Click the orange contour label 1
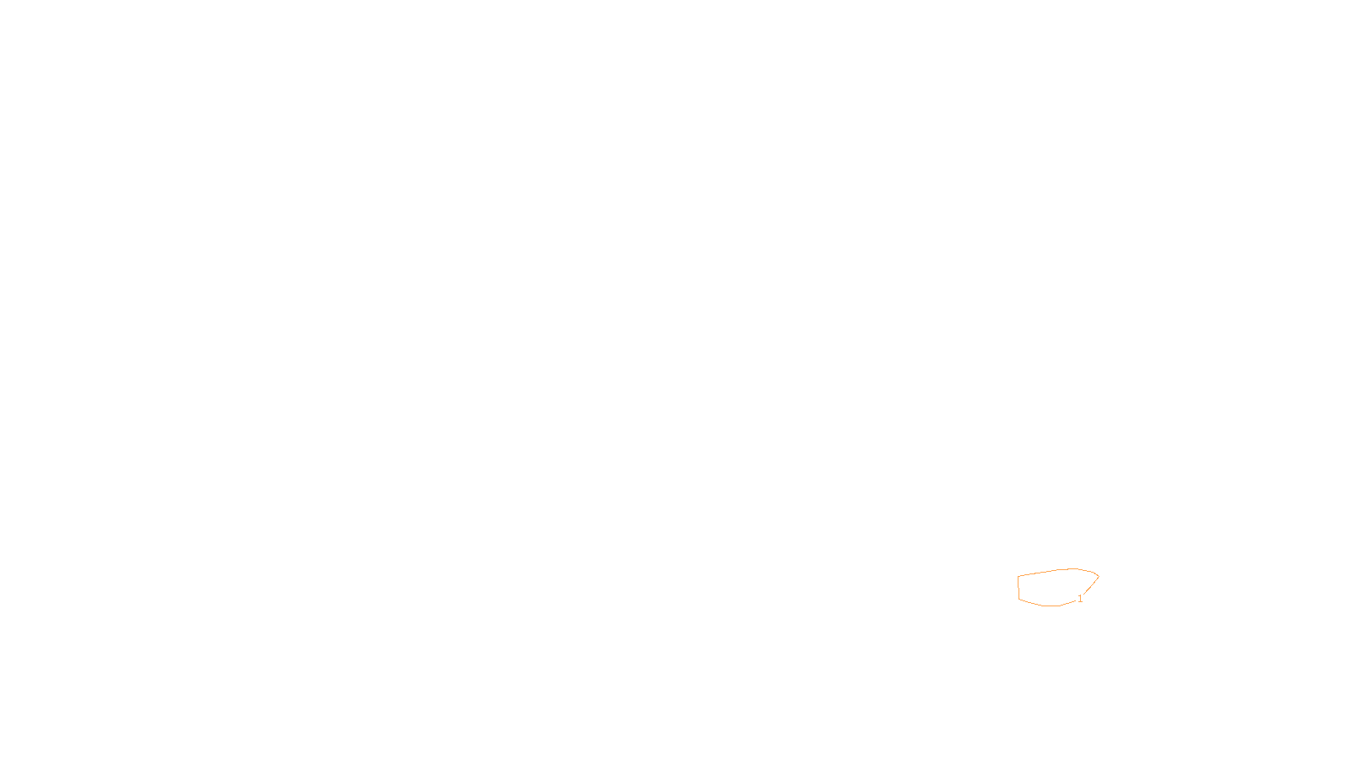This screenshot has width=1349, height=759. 1079,599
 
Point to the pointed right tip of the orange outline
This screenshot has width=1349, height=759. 1099,576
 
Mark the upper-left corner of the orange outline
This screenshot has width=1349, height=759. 1018,577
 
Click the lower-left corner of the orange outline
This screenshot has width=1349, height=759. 1019,599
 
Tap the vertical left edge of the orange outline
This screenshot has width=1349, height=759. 1018,588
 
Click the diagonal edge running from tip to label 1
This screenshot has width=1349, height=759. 1090,587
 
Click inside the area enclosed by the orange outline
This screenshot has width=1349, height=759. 1054,588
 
